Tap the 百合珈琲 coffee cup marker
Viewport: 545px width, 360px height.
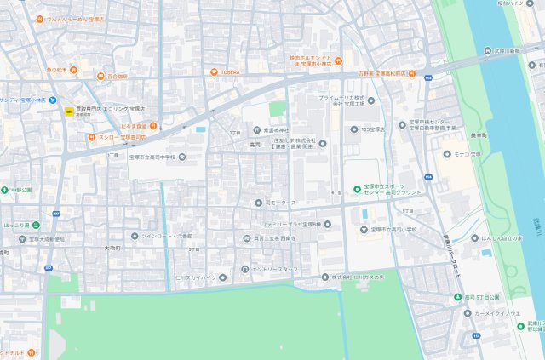100,76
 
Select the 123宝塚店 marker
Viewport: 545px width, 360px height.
353,129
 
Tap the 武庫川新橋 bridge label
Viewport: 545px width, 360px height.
505,50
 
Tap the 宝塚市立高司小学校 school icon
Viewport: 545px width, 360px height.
364,229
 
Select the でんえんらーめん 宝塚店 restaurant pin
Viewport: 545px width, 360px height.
38,19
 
